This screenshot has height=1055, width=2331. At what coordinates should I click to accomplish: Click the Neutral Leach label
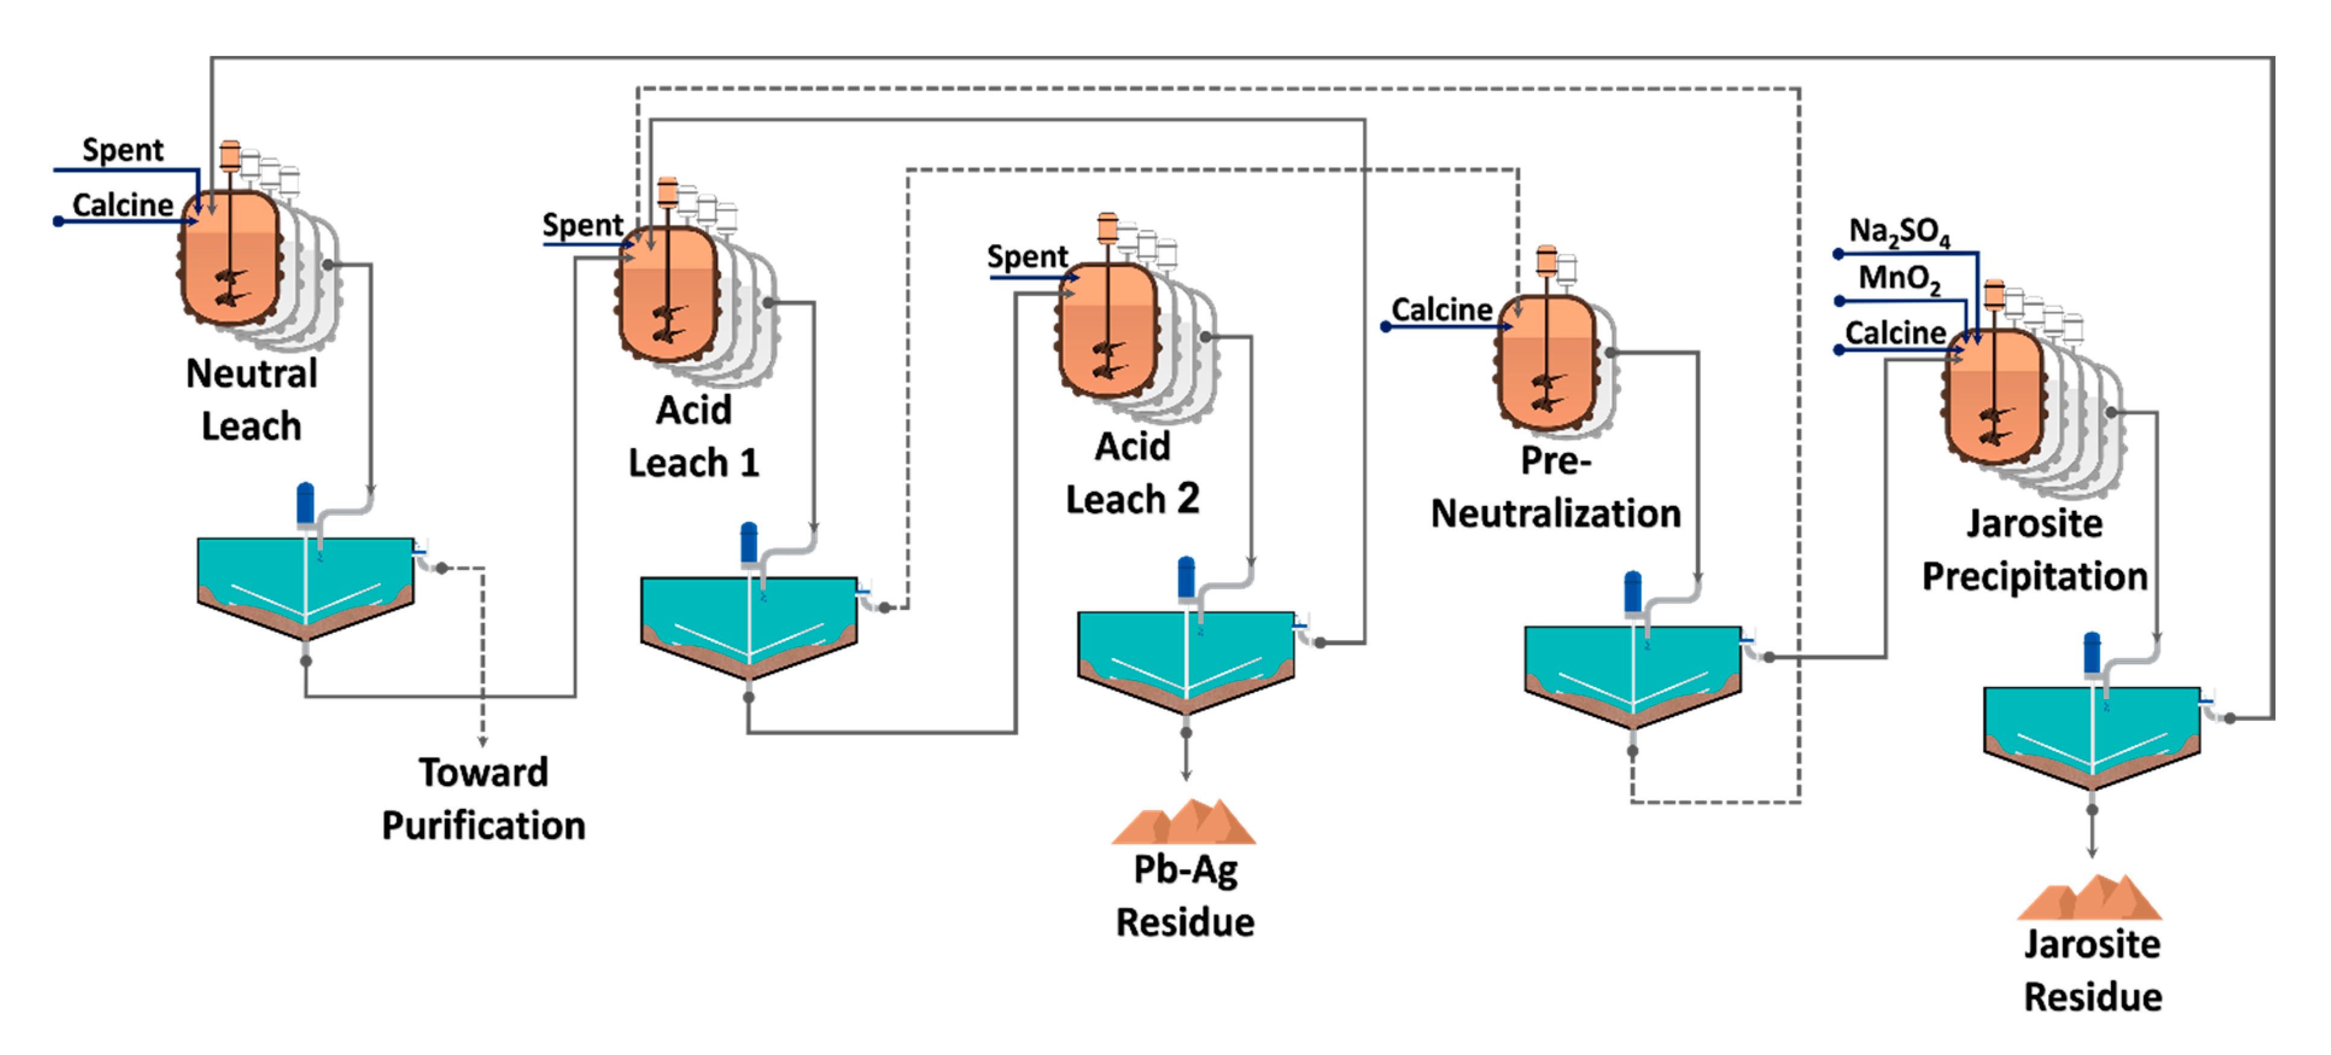(x=252, y=400)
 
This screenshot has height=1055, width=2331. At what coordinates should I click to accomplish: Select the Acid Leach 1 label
(x=694, y=436)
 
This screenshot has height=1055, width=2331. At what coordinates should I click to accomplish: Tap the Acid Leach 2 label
(x=1133, y=472)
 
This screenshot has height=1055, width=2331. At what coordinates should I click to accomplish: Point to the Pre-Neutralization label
(x=1555, y=487)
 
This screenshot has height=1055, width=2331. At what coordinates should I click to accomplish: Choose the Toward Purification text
(x=483, y=799)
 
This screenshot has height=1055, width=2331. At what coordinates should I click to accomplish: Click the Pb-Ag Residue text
(x=1185, y=896)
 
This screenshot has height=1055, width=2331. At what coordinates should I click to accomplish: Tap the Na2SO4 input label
(x=1898, y=232)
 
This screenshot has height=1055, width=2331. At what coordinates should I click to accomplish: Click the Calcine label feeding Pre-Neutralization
(x=1442, y=309)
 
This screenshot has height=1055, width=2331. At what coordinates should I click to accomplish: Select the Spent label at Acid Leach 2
(x=1027, y=257)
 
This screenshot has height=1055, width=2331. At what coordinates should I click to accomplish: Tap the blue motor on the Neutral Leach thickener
(x=306, y=504)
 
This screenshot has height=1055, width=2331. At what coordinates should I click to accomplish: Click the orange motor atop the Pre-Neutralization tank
(x=1547, y=261)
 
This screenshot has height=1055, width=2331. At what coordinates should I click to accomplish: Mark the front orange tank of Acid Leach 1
(x=668, y=294)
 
